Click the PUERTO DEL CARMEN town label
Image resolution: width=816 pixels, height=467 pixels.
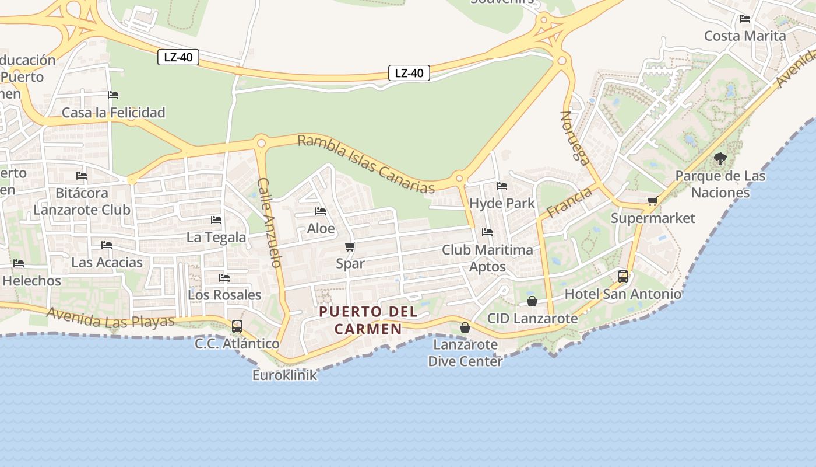(x=368, y=320)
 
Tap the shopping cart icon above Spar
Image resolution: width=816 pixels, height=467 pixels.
(x=350, y=246)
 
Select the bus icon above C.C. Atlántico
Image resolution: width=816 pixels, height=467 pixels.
(x=237, y=326)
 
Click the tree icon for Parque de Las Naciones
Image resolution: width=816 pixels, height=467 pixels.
(x=720, y=158)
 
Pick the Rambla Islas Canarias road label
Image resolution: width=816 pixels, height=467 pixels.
(x=366, y=164)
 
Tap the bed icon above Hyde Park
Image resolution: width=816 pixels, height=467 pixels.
(x=501, y=186)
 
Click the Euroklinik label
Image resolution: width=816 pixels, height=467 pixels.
(x=284, y=375)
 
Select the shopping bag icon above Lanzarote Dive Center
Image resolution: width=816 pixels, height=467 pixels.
(x=465, y=327)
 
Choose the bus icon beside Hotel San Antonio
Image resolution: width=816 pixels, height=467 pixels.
(x=623, y=277)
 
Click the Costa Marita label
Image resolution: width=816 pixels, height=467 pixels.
(x=745, y=36)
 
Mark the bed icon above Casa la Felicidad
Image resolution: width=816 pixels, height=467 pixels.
(x=113, y=95)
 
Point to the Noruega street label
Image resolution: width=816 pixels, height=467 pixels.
(x=576, y=138)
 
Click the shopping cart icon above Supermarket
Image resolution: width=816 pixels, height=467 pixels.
(x=652, y=201)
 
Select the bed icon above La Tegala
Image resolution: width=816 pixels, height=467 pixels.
(x=216, y=220)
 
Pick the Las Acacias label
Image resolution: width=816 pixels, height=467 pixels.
(x=107, y=263)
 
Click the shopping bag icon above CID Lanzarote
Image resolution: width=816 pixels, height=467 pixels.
(x=532, y=301)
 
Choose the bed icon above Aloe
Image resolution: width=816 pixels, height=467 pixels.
(x=321, y=211)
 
